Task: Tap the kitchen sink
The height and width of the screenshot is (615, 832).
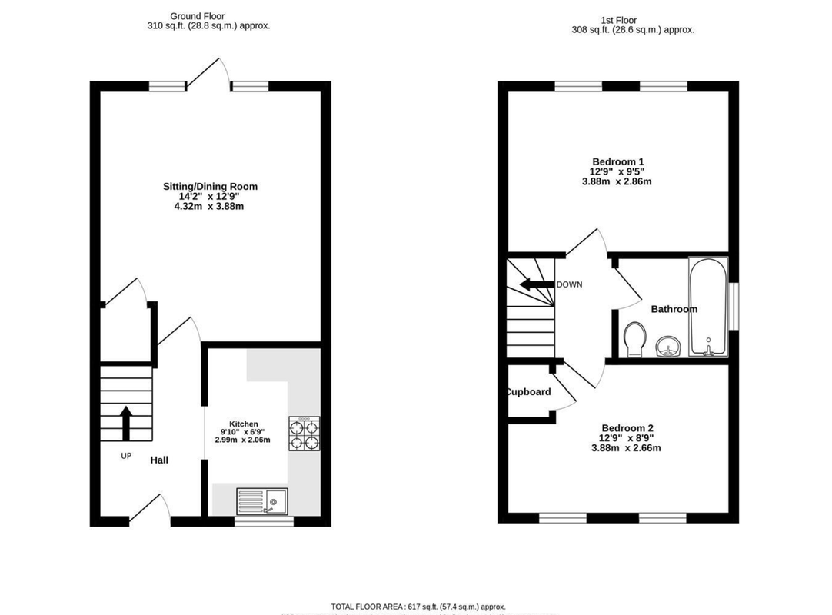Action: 262,500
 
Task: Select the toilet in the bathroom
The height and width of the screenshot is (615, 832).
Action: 636,339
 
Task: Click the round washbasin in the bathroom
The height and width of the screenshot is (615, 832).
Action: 668,347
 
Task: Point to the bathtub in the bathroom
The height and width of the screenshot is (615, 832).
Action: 708,307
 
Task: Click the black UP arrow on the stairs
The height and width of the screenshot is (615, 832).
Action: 126,422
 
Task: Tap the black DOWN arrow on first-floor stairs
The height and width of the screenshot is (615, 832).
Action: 537,284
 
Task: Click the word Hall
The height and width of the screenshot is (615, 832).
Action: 159,460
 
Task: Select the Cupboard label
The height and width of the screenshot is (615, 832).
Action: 528,392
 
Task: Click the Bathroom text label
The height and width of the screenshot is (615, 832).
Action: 674,309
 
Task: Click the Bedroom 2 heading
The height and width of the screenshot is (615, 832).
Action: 627,428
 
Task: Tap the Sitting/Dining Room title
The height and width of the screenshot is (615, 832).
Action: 210,186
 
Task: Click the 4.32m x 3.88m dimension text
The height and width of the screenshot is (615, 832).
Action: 210,206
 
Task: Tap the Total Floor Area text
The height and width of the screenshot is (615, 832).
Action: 418,607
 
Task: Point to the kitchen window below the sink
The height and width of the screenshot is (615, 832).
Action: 264,521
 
